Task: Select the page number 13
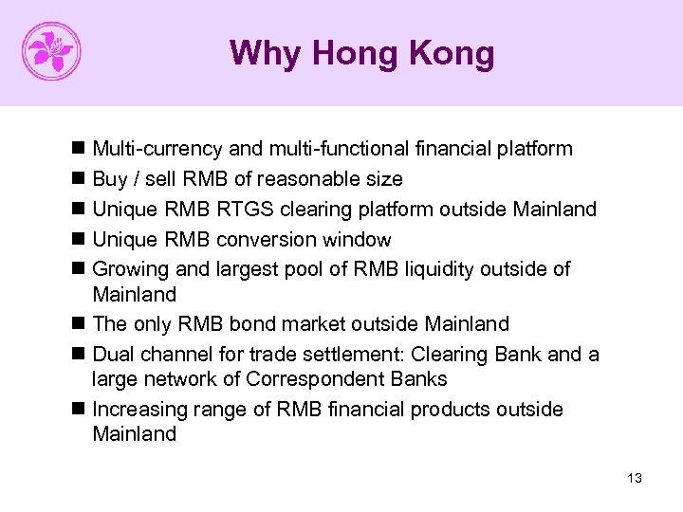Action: [635, 478]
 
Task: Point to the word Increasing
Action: [138, 410]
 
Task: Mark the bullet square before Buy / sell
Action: [77, 179]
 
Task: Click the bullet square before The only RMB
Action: [77, 324]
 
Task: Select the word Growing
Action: [131, 269]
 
